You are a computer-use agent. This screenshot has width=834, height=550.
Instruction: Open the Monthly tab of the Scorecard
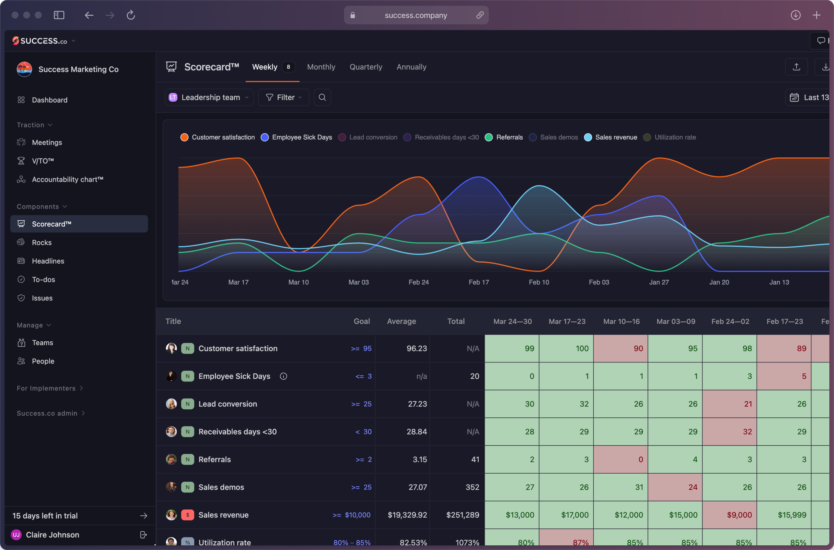[x=321, y=67]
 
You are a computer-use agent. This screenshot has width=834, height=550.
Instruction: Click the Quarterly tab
[x=365, y=67]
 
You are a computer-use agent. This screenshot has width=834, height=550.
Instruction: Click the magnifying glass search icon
[x=322, y=98]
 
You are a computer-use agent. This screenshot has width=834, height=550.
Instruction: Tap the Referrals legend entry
[x=509, y=137]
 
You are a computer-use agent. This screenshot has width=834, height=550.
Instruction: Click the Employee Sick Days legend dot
[x=265, y=137]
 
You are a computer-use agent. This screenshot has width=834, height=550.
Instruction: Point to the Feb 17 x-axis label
[x=479, y=282]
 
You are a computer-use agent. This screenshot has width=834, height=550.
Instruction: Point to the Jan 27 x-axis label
[x=659, y=282]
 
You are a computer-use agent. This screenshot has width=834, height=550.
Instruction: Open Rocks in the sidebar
[x=42, y=243]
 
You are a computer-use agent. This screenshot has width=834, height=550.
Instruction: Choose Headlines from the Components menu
[x=48, y=261]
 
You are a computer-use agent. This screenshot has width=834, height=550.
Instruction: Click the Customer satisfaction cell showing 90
[x=620, y=349]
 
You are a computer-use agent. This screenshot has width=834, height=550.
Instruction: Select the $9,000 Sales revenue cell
[x=729, y=515]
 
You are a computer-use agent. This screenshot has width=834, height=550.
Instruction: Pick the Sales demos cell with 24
[x=675, y=487]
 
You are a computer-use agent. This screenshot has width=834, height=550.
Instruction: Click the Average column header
[x=401, y=321]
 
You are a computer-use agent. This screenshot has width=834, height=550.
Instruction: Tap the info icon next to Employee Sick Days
[x=284, y=376]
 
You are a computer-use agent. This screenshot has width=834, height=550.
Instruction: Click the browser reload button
[x=131, y=15]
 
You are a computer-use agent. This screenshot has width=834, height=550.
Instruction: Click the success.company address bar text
[x=416, y=15]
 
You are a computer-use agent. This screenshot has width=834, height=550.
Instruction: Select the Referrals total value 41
[x=475, y=459]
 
